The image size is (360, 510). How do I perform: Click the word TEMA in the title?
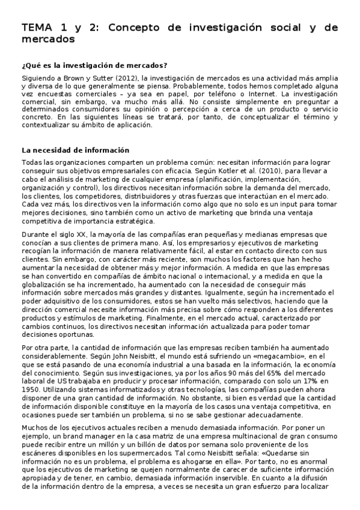click(37, 28)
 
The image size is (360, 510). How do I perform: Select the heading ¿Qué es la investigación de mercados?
click(94, 66)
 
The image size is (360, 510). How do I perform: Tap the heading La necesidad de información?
click(74, 150)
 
